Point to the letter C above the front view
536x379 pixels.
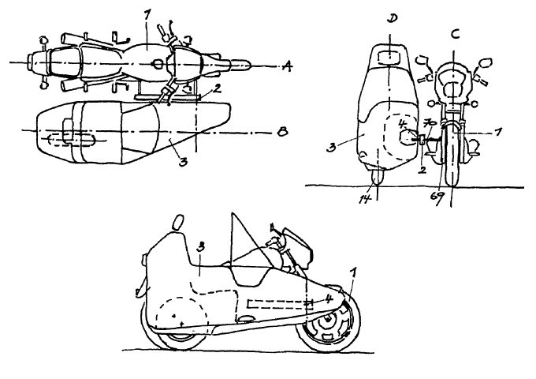[454, 35]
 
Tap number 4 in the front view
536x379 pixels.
[402, 124]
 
